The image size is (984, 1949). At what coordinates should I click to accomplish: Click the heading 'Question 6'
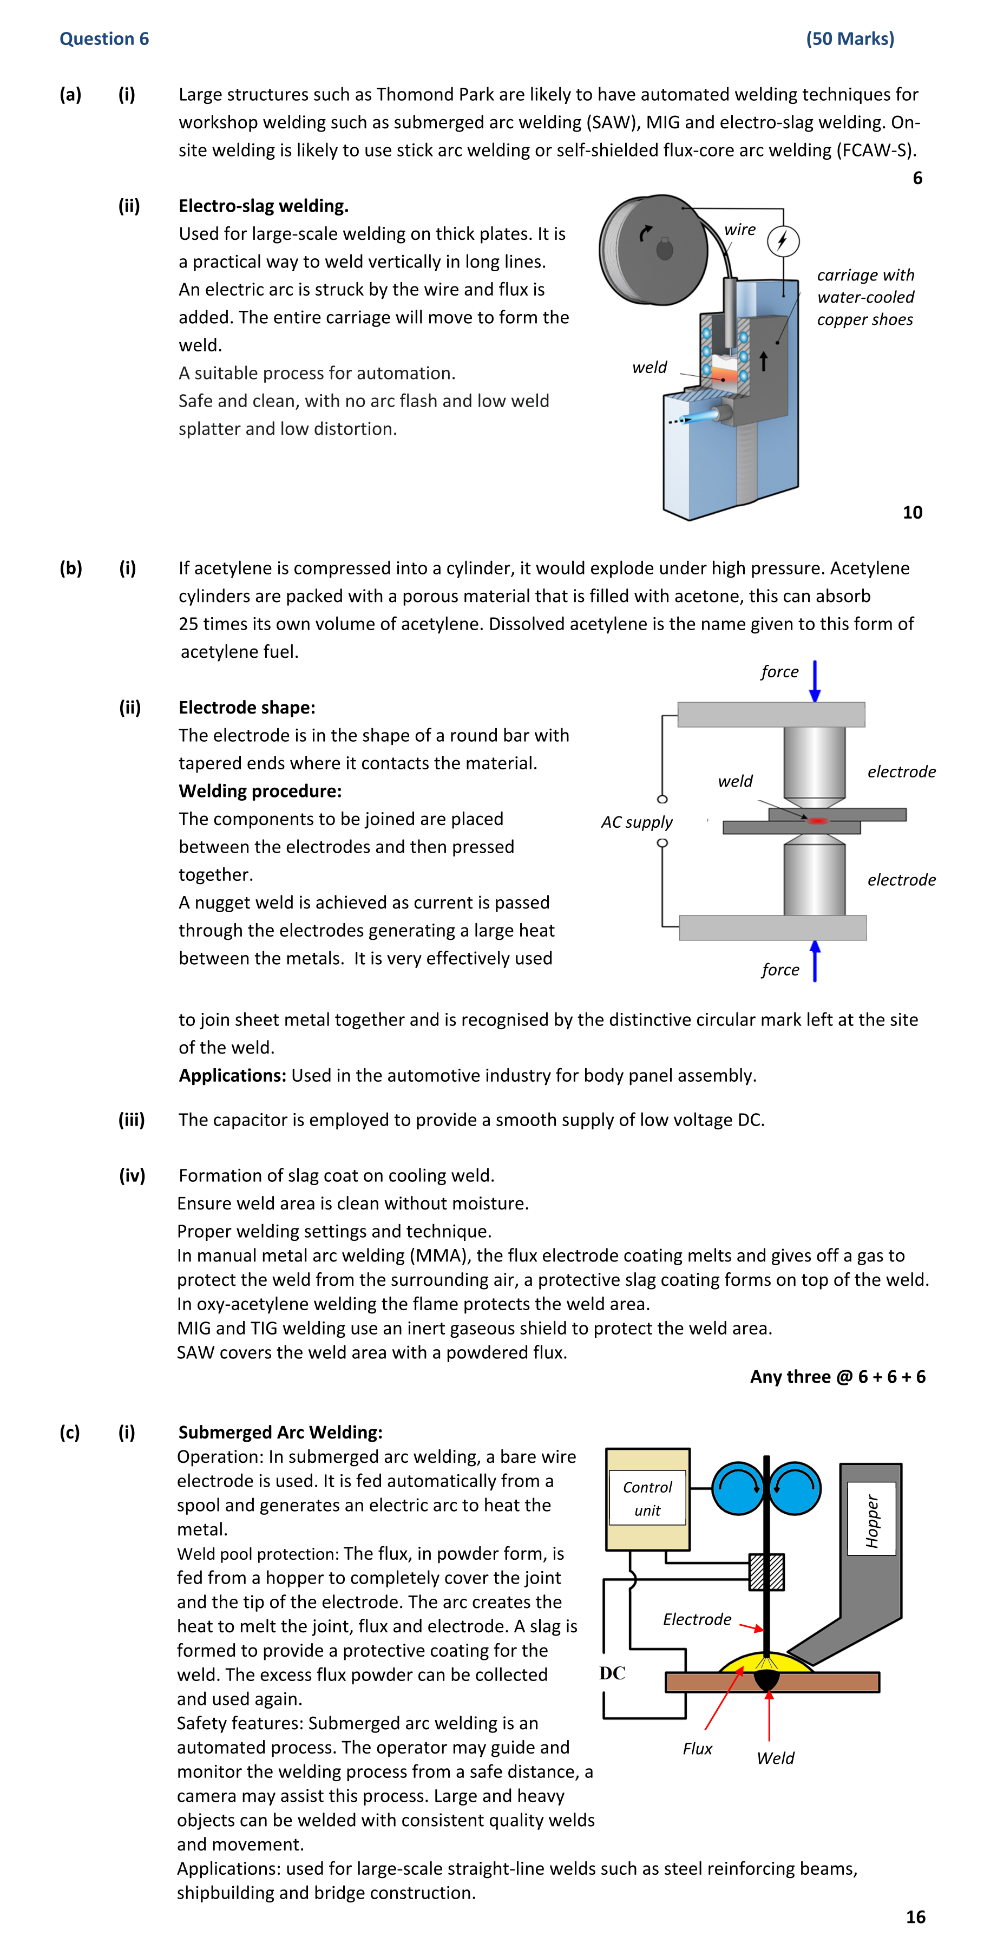coord(104,38)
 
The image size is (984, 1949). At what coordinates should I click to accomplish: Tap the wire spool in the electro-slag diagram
coord(652,250)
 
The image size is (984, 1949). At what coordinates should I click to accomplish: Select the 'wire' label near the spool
coord(740,229)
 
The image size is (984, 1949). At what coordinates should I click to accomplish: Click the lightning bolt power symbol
coord(783,240)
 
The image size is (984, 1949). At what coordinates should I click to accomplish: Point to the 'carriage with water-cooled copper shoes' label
coord(865,297)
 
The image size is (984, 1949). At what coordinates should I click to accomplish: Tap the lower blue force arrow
coord(815,961)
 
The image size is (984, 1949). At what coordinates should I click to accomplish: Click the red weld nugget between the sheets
coord(818,820)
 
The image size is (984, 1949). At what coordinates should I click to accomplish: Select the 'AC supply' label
coord(637,822)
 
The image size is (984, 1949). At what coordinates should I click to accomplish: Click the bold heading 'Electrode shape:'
coord(247,708)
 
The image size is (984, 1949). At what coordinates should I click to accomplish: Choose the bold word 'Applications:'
coord(232,1075)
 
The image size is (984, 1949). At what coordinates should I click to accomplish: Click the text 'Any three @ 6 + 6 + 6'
coord(837,1376)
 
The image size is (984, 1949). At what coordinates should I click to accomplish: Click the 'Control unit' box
coord(647,1499)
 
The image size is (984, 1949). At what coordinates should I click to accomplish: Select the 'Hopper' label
coord(871,1521)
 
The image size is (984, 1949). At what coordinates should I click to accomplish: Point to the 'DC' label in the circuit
coord(612,1673)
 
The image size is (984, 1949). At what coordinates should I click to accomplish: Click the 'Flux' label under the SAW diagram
coord(697,1749)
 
